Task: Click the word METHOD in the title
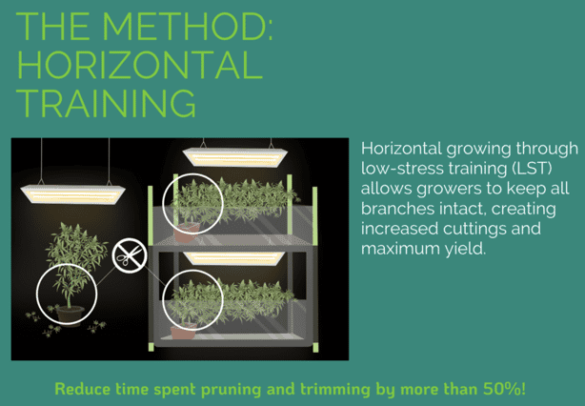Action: [x=188, y=26]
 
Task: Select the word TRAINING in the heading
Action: [x=106, y=103]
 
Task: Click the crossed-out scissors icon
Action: [x=129, y=255]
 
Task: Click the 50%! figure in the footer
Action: [x=505, y=389]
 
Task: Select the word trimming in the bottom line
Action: [x=335, y=390]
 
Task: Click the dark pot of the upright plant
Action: [x=70, y=315]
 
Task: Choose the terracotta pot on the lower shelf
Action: [x=183, y=332]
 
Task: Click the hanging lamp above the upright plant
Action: [x=72, y=194]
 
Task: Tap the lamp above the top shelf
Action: [x=235, y=157]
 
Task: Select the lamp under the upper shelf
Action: [x=234, y=258]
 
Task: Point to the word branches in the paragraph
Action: [x=397, y=208]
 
